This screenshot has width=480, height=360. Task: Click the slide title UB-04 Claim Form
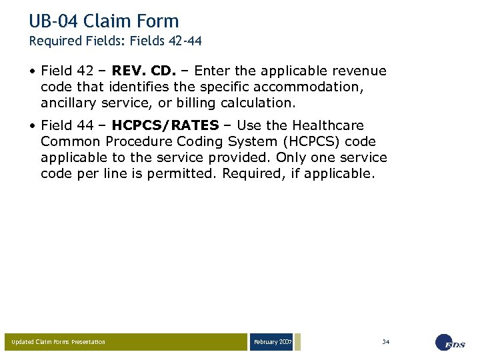[x=104, y=21]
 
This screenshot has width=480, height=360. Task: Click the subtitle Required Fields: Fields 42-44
[x=115, y=41]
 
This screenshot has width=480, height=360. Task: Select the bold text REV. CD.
[x=144, y=71]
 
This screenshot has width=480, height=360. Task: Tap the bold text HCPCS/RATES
[x=165, y=125]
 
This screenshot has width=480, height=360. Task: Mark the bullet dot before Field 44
[x=33, y=126]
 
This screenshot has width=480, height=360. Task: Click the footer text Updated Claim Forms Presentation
[x=58, y=342]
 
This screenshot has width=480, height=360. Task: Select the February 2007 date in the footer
[x=272, y=342]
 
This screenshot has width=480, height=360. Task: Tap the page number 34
[x=385, y=342]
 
